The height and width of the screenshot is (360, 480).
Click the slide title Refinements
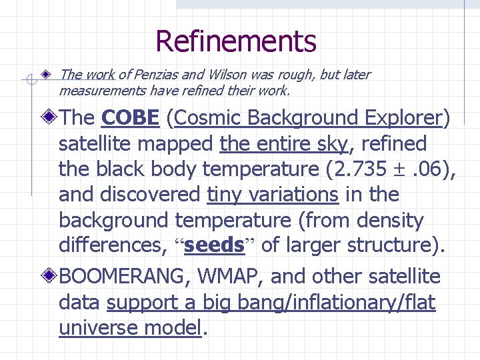[x=235, y=41]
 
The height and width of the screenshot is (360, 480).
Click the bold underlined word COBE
[x=131, y=118]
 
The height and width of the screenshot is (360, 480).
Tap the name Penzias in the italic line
[x=161, y=75]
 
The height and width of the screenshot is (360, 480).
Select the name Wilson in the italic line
[x=228, y=75]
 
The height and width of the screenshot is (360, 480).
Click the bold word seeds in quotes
[x=214, y=245]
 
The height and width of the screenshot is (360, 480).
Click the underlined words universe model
[x=129, y=328]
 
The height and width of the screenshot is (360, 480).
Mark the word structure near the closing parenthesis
[x=395, y=245]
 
